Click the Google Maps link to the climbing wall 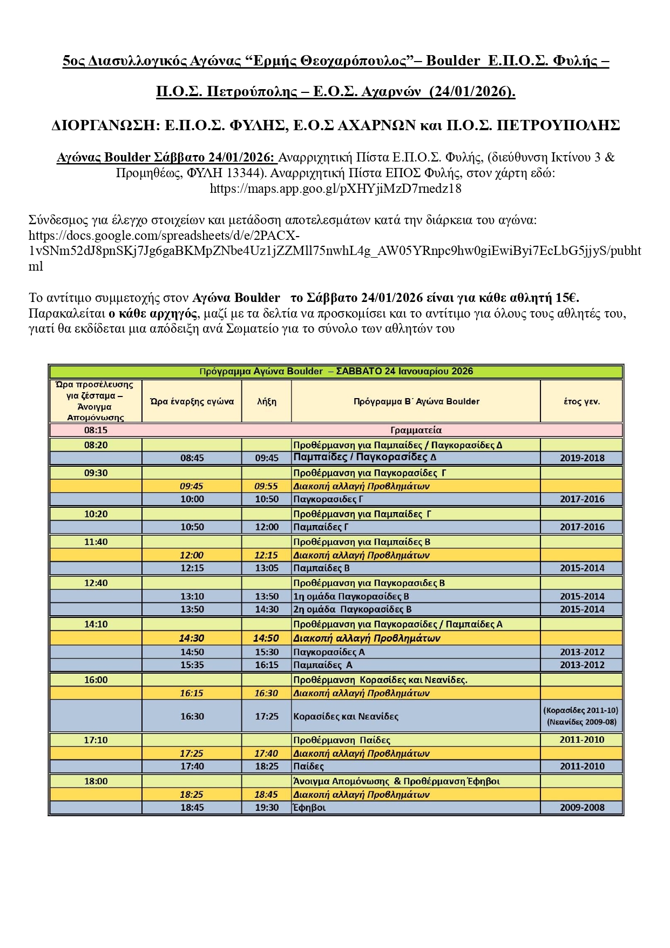tap(335, 189)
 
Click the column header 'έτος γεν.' tap(581, 401)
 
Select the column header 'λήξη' tap(267, 401)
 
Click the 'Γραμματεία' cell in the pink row tap(416, 430)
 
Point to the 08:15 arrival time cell tap(96, 430)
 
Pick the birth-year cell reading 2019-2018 tap(581, 458)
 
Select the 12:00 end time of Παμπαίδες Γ tap(267, 527)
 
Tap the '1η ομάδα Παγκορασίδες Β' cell tap(351, 596)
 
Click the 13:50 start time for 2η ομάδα tap(192, 609)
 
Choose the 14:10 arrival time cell tap(96, 624)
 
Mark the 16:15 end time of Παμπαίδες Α tap(267, 665)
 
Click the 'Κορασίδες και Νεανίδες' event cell tap(346, 716)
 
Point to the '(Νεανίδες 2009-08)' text tap(581, 722)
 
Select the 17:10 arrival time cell tap(96, 740)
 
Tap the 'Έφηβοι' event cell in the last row tap(309, 808)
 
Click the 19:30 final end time tap(267, 808)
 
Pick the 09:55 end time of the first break tap(267, 486)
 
